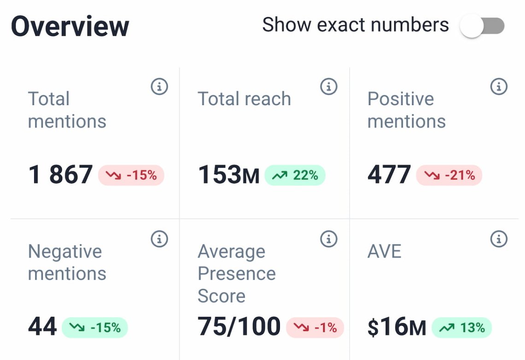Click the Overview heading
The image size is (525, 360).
70,26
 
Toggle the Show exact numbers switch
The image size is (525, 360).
482,26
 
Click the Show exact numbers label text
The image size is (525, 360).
355,24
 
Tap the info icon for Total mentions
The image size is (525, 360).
159,86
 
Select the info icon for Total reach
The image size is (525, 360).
329,86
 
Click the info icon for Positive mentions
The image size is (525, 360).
499,86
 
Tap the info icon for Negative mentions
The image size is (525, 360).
159,239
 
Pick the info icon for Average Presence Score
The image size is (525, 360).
329,239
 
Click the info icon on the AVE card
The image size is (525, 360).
499,239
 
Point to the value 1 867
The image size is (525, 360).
60,175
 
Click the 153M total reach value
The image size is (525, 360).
228,175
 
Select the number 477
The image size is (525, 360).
389,175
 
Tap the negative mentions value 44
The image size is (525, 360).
42,327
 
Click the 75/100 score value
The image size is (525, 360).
239,327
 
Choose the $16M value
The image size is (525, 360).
397,327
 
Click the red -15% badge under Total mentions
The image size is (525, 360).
131,175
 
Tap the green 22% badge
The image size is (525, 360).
295,175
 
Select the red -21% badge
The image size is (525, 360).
449,175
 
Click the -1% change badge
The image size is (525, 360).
315,327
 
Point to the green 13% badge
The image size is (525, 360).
462,327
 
